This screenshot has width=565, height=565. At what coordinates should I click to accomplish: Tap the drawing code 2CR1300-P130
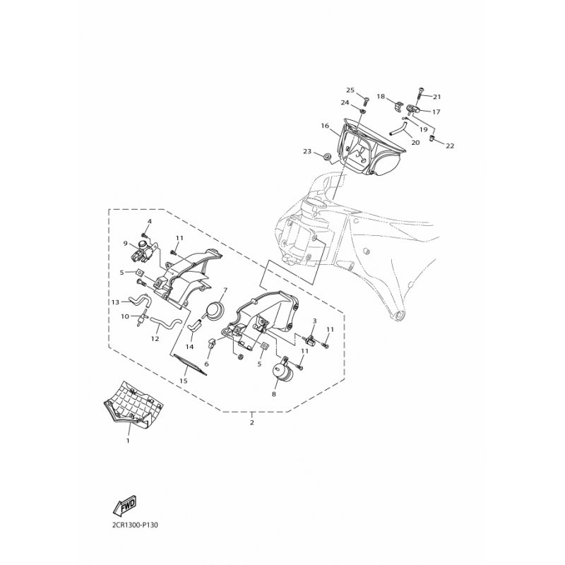pyautogui.click(x=133, y=525)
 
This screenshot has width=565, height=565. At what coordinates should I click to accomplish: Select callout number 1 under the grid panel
pyautogui.click(x=128, y=440)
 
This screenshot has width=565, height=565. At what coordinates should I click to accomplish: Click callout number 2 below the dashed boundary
pyautogui.click(x=252, y=422)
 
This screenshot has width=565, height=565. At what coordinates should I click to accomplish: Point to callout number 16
pyautogui.click(x=325, y=126)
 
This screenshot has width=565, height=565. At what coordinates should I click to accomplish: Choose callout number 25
pyautogui.click(x=350, y=90)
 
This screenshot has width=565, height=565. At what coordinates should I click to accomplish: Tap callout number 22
pyautogui.click(x=450, y=146)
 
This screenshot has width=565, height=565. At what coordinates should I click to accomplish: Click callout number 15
pyautogui.click(x=184, y=381)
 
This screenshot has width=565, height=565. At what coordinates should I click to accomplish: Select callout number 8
pyautogui.click(x=274, y=394)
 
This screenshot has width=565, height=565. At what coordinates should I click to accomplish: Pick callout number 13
pyautogui.click(x=115, y=302)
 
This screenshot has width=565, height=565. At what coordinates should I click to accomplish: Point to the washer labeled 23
pyautogui.click(x=328, y=156)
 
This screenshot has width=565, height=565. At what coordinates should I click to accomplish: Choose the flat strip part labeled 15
pyautogui.click(x=191, y=364)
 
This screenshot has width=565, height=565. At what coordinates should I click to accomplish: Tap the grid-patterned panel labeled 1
pyautogui.click(x=133, y=405)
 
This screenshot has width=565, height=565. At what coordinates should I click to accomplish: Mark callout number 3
pyautogui.click(x=314, y=321)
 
